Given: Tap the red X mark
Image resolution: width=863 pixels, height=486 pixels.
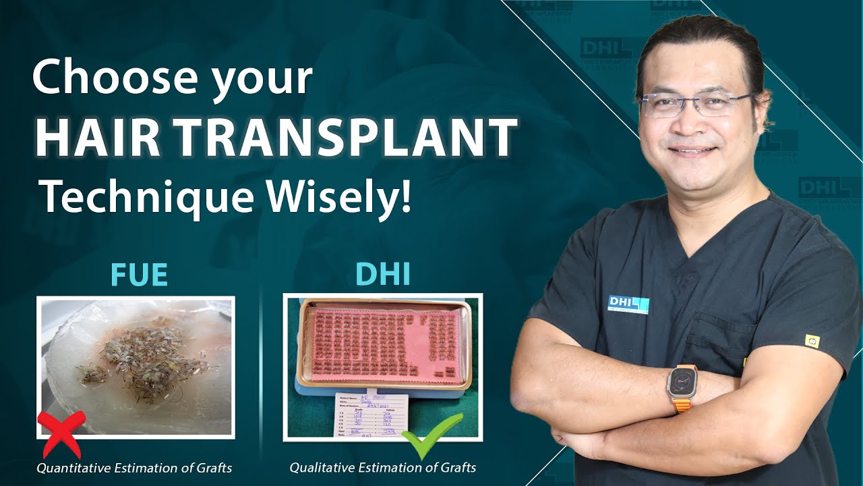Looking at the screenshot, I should [61, 433].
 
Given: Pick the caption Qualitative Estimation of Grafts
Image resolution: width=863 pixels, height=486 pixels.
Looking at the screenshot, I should [383, 467].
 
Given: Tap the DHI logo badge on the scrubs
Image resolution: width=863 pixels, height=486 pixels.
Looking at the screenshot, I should [628, 304].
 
